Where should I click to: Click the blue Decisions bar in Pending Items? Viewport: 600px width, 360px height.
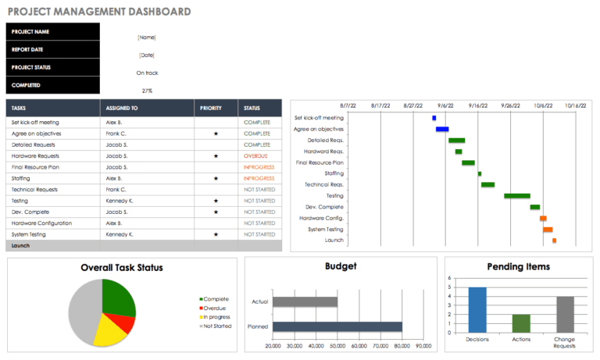pos(477,310)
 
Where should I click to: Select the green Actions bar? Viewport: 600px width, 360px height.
pos(521,323)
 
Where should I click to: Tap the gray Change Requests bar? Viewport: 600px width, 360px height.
pos(566,314)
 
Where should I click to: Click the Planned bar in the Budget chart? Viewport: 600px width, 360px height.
pos(337,326)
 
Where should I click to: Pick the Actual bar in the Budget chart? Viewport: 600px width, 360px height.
pos(305,301)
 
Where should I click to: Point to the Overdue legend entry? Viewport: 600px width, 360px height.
pos(216,308)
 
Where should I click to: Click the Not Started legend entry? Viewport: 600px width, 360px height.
pos(217,326)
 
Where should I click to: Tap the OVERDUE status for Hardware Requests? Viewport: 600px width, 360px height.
pos(255,156)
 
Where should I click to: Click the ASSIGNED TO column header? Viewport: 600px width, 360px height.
pos(122,108)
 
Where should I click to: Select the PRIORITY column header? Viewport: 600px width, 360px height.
pos(211,108)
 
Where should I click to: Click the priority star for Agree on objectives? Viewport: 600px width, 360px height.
pos(216,134)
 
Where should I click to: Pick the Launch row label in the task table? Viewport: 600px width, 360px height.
pos(20,245)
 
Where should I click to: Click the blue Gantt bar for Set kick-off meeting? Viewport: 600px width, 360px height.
pos(434,118)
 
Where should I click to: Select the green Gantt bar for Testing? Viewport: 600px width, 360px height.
pos(517,196)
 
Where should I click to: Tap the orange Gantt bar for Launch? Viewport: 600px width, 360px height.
pos(554,241)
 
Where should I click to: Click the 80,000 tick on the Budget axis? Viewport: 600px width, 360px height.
pos(402,345)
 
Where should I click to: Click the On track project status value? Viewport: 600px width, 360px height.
pos(147,73)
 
